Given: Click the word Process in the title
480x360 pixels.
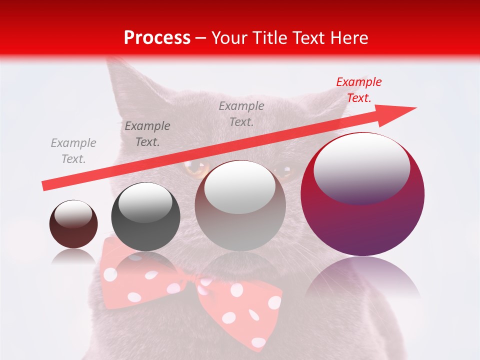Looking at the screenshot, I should click(x=157, y=38).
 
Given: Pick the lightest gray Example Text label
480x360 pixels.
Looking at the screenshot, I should click(x=73, y=150).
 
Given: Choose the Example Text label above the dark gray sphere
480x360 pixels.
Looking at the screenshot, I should click(x=147, y=134).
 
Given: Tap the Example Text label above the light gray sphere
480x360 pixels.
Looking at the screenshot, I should click(x=241, y=113).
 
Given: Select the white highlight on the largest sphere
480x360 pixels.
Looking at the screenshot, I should click(x=361, y=168).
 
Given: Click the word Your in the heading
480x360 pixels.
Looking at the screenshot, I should click(x=228, y=38).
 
